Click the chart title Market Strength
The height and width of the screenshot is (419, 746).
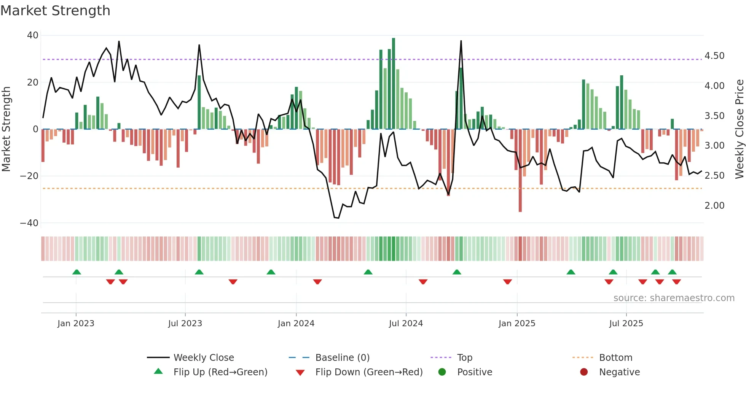pyautogui.click(x=55, y=11)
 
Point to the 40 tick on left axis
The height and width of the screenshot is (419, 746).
pyautogui.click(x=33, y=35)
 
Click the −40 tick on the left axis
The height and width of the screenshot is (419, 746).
pyautogui.click(x=29, y=223)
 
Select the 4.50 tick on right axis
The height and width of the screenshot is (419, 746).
pyautogui.click(x=714, y=56)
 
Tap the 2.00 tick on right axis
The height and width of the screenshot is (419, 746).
pyautogui.click(x=714, y=206)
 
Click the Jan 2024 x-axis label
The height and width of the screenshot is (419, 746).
pyautogui.click(x=296, y=324)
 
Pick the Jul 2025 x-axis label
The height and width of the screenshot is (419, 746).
pyautogui.click(x=626, y=324)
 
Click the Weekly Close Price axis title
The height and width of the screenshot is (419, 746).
pyautogui.click(x=739, y=129)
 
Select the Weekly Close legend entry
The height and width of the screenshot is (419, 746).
pyautogui.click(x=204, y=358)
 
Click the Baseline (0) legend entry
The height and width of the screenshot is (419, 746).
pyautogui.click(x=342, y=358)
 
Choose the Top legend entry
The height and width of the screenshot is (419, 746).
pyautogui.click(x=464, y=358)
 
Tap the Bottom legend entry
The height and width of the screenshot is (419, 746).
pyautogui.click(x=615, y=358)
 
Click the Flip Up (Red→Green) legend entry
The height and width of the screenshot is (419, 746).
pyautogui.click(x=220, y=372)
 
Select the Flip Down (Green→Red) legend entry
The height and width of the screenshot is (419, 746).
pyautogui.click(x=369, y=372)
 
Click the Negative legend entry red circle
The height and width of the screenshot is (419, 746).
pyautogui.click(x=584, y=372)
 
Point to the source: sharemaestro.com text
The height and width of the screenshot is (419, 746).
pyautogui.click(x=674, y=298)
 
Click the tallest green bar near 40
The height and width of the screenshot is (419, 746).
pyautogui.click(x=394, y=84)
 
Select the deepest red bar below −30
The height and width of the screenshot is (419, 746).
pyautogui.click(x=520, y=171)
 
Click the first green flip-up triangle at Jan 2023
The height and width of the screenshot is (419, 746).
pyautogui.click(x=77, y=272)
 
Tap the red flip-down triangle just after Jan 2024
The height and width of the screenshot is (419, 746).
pyautogui.click(x=317, y=282)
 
